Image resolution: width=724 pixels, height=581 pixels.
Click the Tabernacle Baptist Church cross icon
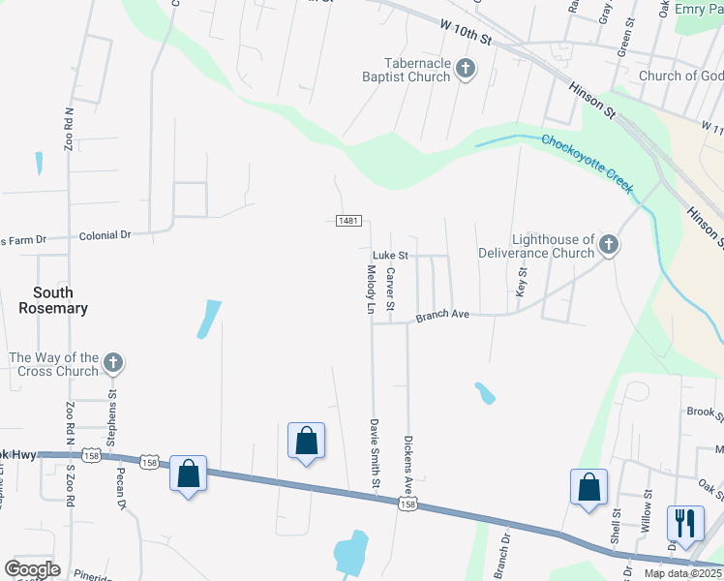(x=467, y=69)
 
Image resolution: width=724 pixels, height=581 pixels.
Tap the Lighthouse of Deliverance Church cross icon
(x=609, y=245)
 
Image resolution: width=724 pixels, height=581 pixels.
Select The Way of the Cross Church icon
(x=113, y=364)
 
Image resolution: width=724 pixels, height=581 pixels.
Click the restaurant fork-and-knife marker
(x=684, y=522)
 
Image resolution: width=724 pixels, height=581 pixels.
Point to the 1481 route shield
(x=349, y=222)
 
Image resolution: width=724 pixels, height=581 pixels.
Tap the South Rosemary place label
(x=53, y=300)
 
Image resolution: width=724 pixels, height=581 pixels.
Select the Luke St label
(x=390, y=255)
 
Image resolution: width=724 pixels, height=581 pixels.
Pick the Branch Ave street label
(x=442, y=316)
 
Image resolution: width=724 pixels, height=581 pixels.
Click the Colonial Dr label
(x=105, y=235)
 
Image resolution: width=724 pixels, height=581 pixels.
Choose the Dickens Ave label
(x=409, y=461)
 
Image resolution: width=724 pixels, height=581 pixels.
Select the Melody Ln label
(x=370, y=291)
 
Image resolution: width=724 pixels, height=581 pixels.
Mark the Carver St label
(x=390, y=290)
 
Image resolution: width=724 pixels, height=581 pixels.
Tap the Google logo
(x=32, y=569)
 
